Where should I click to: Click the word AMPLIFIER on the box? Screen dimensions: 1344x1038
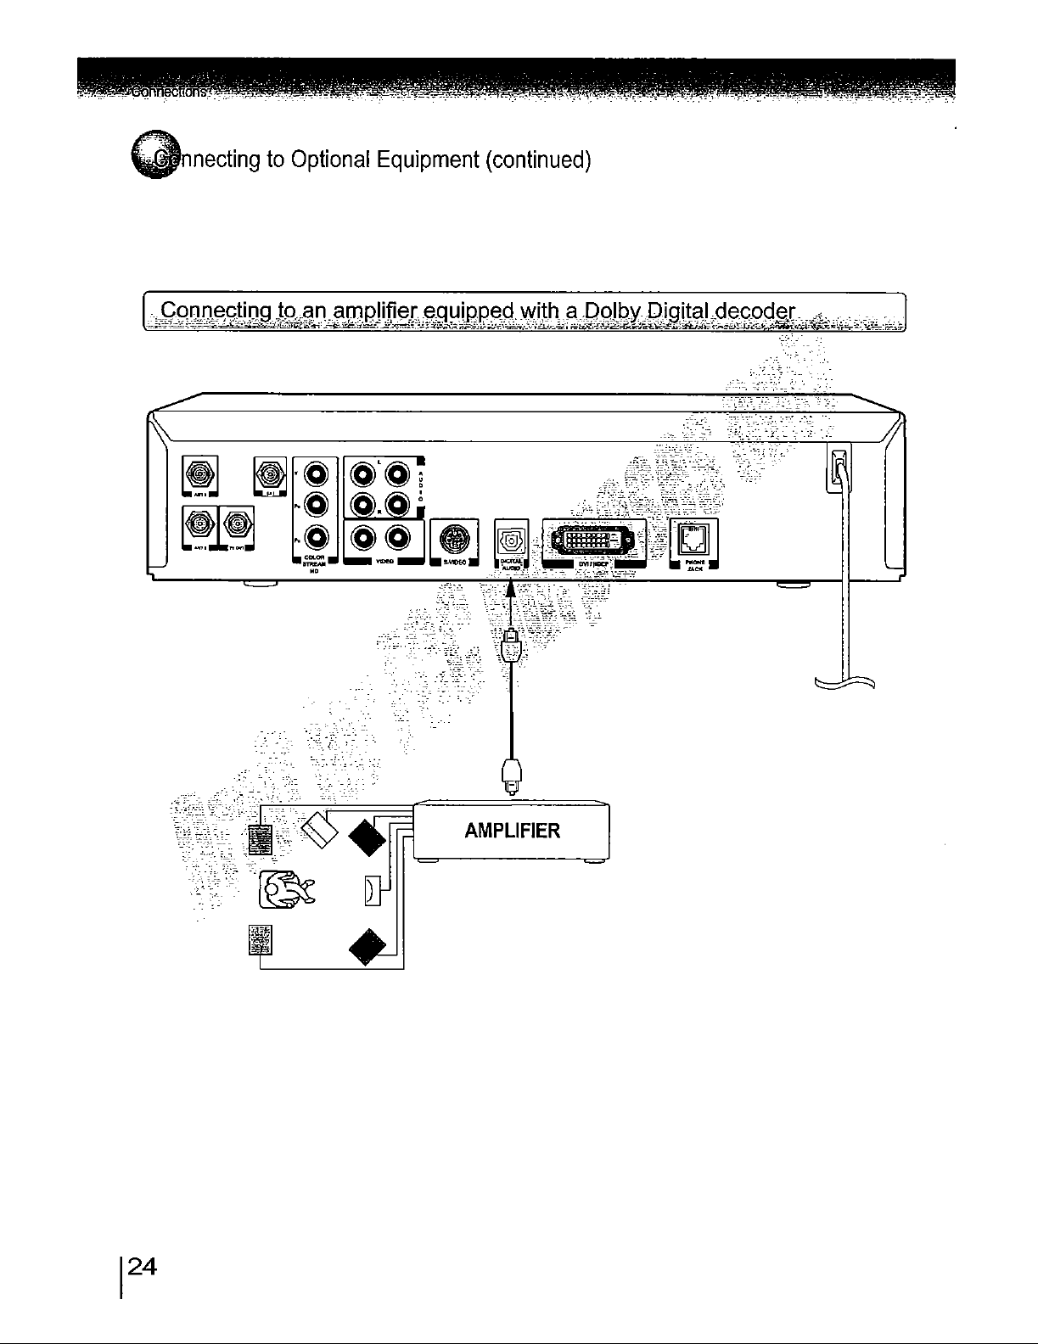(x=513, y=830)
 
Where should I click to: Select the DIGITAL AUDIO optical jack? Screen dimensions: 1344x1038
(x=510, y=538)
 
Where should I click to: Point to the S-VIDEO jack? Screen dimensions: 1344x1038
(x=453, y=538)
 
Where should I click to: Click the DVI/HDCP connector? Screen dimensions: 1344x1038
(x=592, y=538)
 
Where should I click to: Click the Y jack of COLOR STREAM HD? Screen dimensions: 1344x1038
(x=314, y=473)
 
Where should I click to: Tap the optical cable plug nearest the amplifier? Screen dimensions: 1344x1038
(x=510, y=775)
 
